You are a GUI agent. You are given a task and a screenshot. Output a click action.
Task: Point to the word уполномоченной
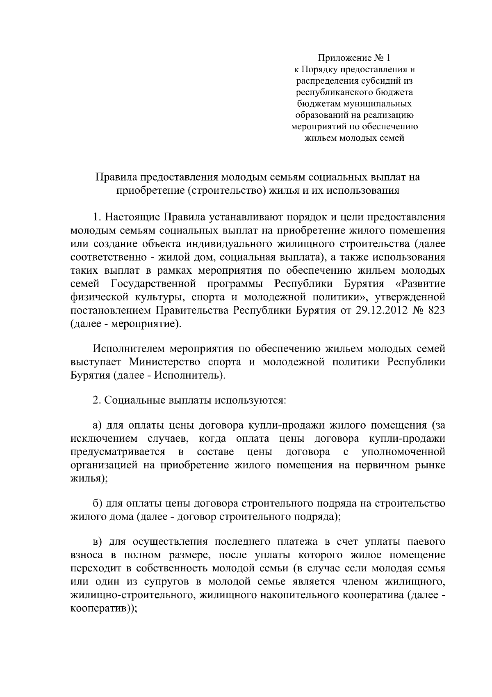point(404,452)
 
